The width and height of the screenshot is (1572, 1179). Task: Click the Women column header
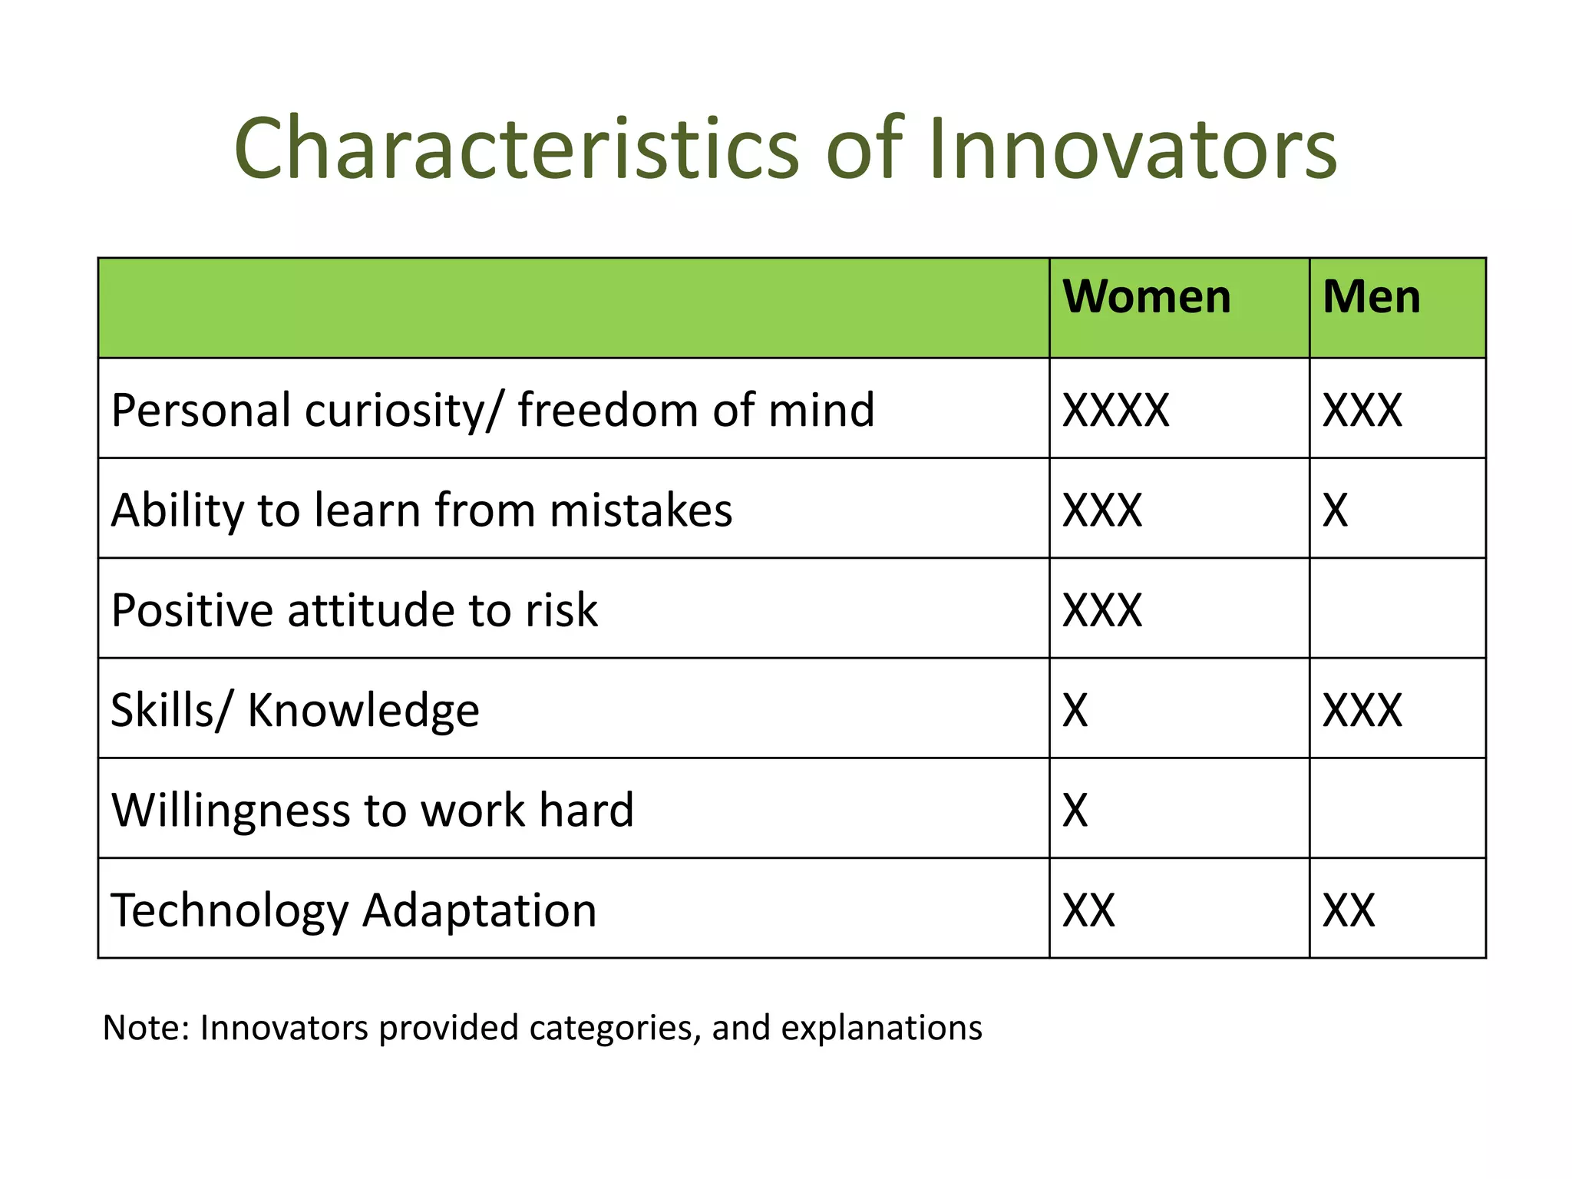tap(1146, 297)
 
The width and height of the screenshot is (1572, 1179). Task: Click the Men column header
tap(1371, 297)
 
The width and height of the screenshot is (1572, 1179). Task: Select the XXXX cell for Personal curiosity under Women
tap(1115, 410)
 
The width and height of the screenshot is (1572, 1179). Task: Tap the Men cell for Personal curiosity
tap(1362, 410)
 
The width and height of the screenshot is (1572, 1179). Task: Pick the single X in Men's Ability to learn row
tap(1335, 510)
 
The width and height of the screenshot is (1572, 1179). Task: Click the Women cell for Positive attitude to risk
tap(1102, 610)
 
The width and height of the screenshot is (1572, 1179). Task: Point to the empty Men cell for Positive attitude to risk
tap(1397, 609)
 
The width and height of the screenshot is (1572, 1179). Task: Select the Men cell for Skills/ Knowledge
tap(1362, 710)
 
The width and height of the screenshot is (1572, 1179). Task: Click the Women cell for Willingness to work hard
tap(1075, 810)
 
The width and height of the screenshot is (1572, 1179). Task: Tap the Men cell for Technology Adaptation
tap(1349, 910)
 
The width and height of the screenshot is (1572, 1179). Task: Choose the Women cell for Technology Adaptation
tap(1088, 910)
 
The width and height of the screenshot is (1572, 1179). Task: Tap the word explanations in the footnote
tap(881, 1029)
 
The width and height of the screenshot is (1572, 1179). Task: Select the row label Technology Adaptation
tap(353, 910)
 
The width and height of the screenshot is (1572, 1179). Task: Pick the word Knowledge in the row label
tap(363, 710)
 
